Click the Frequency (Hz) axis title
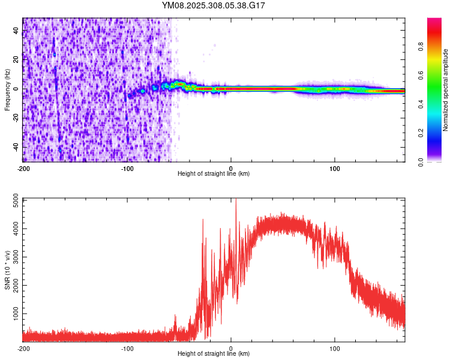pyautogui.click(x=7, y=90)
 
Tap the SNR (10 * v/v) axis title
pyautogui.click(x=7, y=270)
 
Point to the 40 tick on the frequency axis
pyautogui.click(x=16, y=31)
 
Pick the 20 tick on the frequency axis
pyautogui.click(x=16, y=60)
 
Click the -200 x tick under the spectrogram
pyautogui.click(x=23, y=167)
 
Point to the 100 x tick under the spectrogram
pyautogui.click(x=335, y=167)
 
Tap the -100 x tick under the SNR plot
pyautogui.click(x=127, y=348)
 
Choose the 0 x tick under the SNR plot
pyautogui.click(x=232, y=348)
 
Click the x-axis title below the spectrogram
pyautogui.click(x=214, y=174)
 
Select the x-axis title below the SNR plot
pyautogui.click(x=214, y=355)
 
